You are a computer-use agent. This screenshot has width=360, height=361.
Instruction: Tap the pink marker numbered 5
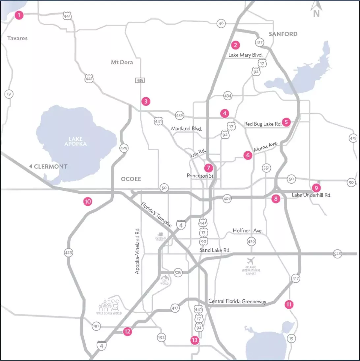(286, 122)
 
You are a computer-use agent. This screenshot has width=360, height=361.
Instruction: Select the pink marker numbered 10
(87, 202)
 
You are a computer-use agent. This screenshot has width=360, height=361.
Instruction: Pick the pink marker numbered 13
(195, 340)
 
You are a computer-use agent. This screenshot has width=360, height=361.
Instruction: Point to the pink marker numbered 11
(289, 304)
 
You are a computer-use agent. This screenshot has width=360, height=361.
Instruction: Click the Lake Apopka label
(74, 141)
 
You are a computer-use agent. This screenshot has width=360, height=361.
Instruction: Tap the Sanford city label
(283, 34)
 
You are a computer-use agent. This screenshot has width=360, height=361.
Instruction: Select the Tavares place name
(17, 38)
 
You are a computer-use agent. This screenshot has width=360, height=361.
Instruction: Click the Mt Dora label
(122, 62)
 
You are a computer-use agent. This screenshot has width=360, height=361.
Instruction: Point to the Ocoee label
(131, 179)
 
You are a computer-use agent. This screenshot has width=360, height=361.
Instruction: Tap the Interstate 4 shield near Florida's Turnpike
(181, 225)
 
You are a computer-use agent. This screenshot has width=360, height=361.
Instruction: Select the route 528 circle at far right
(337, 254)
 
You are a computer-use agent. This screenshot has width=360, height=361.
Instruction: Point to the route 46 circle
(221, 23)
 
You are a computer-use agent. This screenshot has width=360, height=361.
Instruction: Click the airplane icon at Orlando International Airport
(252, 260)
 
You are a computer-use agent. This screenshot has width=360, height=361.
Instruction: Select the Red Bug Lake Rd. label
(263, 124)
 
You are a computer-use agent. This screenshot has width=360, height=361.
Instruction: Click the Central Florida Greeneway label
(237, 301)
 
